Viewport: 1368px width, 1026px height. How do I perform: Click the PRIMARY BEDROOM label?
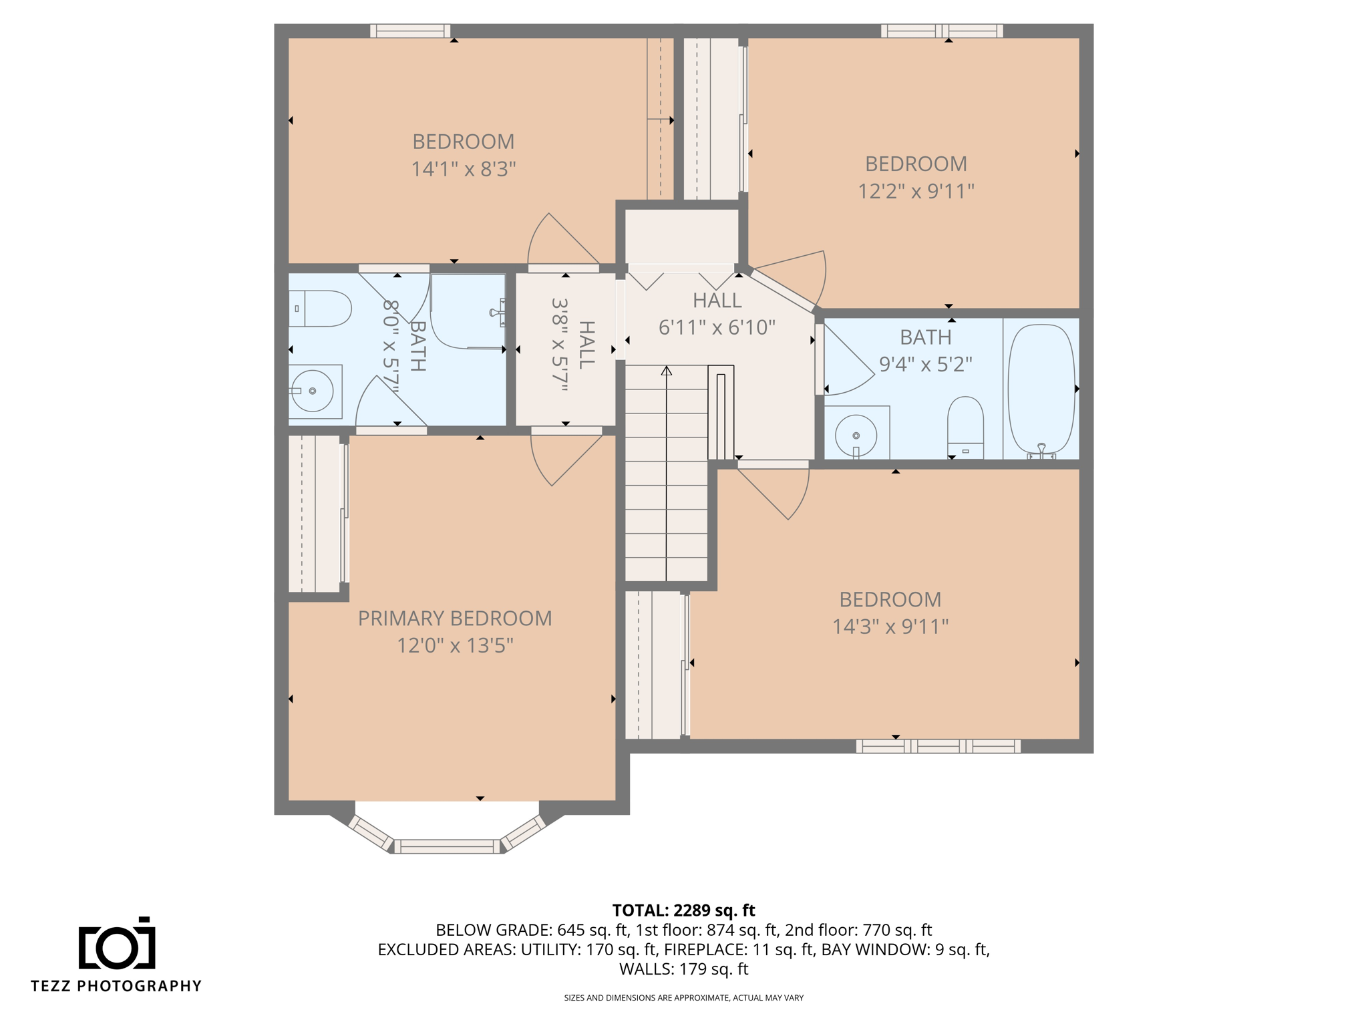(455, 618)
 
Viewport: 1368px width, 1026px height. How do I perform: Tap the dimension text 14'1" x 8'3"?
(463, 169)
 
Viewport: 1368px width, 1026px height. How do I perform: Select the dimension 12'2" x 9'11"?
(916, 192)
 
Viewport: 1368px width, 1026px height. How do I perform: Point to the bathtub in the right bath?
(1041, 389)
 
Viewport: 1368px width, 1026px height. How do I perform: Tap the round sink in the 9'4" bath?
(856, 436)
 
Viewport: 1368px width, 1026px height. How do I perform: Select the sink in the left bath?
(313, 391)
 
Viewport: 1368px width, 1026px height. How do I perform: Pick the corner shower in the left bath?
(468, 311)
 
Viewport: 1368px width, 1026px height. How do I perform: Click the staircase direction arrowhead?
(667, 370)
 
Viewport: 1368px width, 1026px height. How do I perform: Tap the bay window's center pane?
(447, 846)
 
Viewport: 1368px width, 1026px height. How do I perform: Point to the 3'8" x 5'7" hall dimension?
(559, 344)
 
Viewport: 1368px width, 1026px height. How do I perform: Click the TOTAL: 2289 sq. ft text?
(683, 910)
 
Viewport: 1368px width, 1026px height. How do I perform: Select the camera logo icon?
(117, 945)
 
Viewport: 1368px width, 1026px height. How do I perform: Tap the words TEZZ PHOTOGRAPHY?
(116, 986)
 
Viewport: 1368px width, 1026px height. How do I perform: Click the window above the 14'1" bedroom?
(410, 31)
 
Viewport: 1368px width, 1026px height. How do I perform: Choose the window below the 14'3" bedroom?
(938, 746)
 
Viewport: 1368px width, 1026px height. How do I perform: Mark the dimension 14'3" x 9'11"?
(890, 627)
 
